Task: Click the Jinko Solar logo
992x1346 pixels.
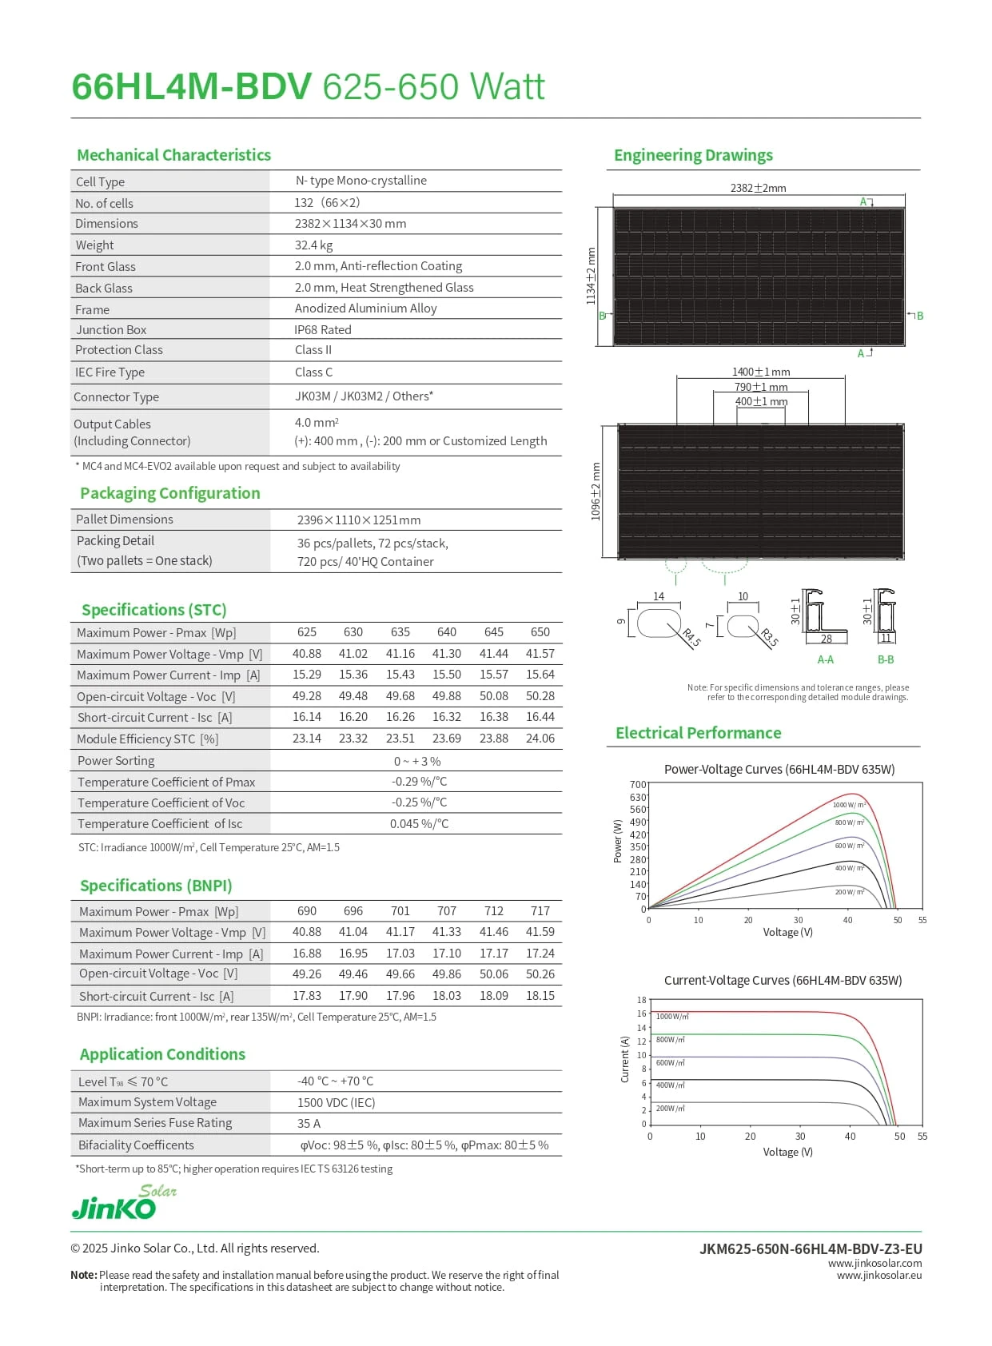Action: [123, 1202]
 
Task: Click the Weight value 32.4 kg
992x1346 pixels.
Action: [313, 245]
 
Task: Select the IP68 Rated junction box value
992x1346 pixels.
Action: [322, 330]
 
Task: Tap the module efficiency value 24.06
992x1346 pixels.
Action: [540, 739]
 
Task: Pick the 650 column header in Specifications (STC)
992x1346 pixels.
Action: [540, 632]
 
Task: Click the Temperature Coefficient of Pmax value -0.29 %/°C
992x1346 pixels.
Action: [419, 782]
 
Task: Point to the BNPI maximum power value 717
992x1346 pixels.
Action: [540, 911]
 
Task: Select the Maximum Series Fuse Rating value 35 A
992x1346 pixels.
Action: [309, 1124]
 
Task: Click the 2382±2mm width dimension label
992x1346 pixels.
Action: [758, 189]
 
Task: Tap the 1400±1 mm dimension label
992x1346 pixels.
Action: [760, 372]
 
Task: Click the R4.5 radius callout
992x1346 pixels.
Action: [691, 638]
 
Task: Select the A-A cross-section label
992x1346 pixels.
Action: [825, 660]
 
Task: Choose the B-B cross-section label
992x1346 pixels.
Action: [886, 660]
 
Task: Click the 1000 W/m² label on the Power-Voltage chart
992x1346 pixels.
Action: [848, 805]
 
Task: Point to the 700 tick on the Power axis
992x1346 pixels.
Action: [637, 785]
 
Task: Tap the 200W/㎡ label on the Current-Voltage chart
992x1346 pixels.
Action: [670, 1109]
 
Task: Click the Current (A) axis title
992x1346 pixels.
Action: [625, 1060]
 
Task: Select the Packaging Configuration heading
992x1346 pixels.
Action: [169, 493]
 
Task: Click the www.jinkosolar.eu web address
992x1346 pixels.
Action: [878, 1276]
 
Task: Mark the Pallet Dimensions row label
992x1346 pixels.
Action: [124, 520]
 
